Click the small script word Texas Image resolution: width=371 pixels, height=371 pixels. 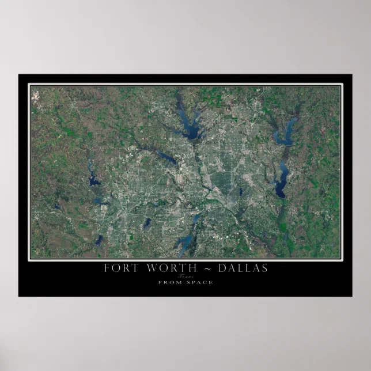pyautogui.click(x=185, y=277)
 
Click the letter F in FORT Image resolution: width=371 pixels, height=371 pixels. pyautogui.click(x=107, y=268)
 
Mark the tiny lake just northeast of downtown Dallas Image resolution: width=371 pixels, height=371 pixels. pyautogui.click(x=240, y=191)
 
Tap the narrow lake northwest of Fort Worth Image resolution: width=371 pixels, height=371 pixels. pyautogui.click(x=93, y=180)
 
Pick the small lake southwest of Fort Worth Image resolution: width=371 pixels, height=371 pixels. pyautogui.click(x=99, y=239)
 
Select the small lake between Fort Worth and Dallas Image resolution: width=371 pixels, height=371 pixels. pyautogui.click(x=146, y=222)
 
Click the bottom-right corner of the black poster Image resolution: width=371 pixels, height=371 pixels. pyautogui.click(x=351, y=296)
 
